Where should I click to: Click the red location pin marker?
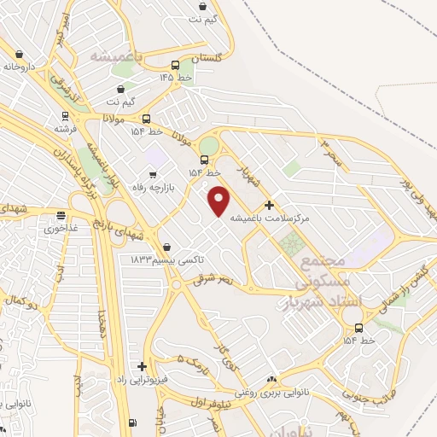tap(220, 201)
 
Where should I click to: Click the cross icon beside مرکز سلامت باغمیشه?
tap(270, 205)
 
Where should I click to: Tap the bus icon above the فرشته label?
tap(65, 116)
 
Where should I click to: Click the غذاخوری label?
tap(61, 228)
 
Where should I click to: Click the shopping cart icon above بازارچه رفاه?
tap(153, 174)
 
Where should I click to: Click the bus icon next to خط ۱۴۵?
tap(176, 65)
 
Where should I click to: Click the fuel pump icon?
tap(131, 422)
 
